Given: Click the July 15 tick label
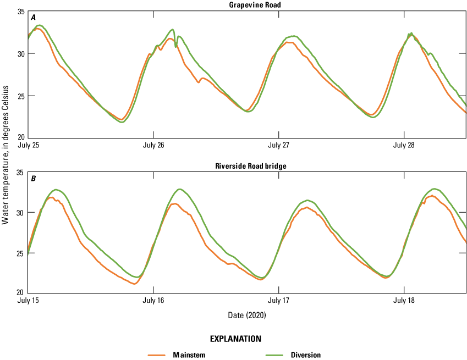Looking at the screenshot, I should [28, 301].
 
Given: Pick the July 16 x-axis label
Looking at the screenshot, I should [153, 301].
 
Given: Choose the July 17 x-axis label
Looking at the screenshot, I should [279, 301].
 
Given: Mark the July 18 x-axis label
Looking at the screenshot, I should [404, 301].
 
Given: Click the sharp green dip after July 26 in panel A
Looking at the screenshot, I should [176, 47].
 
